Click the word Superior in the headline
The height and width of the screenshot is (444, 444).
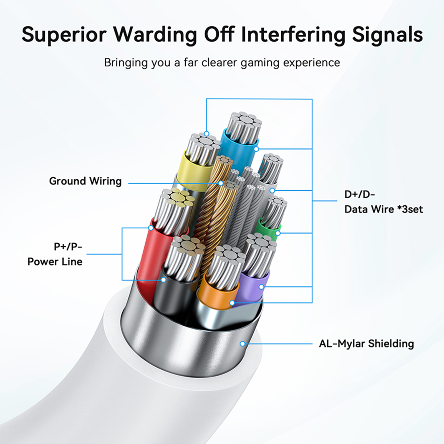point(64,35)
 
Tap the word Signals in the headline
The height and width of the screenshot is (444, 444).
point(387,35)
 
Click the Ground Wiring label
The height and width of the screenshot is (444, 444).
point(85,181)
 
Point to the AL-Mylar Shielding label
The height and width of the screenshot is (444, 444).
point(366,344)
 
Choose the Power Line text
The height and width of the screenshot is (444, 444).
point(55,262)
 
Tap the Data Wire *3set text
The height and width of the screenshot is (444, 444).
point(384,209)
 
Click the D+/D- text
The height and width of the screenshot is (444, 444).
point(360,194)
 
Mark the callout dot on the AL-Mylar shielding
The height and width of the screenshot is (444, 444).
point(242,344)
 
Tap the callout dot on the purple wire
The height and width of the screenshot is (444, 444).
point(261,287)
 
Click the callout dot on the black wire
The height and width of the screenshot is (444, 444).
point(163,280)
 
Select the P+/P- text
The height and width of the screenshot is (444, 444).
point(68,246)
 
